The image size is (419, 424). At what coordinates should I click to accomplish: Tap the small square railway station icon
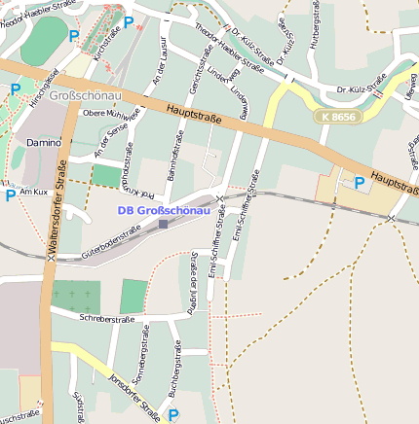[x=163, y=224]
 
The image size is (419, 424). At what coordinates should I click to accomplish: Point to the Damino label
[x=43, y=143]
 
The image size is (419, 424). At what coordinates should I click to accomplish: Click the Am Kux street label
[x=33, y=193]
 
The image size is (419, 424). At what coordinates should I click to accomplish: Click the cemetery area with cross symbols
[x=75, y=295]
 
